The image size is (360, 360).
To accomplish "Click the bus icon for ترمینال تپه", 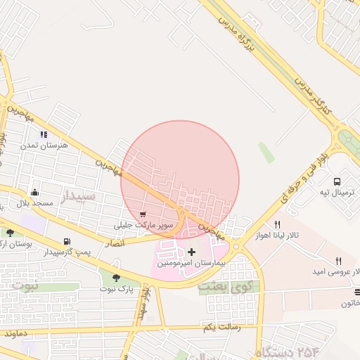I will pyautogui.click(x=338, y=181).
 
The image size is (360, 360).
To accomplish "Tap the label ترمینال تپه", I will pyautogui.click(x=335, y=192).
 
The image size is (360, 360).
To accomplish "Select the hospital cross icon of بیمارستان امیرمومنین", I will pyautogui.click(x=191, y=252).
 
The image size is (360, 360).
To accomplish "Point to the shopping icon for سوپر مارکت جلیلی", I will pyautogui.click(x=143, y=214).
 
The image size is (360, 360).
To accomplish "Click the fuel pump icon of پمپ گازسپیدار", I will pyautogui.click(x=67, y=240).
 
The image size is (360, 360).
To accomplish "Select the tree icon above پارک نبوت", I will pyautogui.click(x=115, y=277).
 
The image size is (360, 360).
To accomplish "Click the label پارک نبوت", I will pyautogui.click(x=116, y=288).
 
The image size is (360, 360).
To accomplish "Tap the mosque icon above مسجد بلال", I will pyautogui.click(x=34, y=192).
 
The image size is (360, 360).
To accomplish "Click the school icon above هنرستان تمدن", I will pyautogui.click(x=44, y=134).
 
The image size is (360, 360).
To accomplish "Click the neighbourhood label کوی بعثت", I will pyautogui.click(x=224, y=287).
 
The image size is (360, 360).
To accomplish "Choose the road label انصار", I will pyautogui.click(x=115, y=243).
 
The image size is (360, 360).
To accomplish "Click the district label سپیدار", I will pyautogui.click(x=77, y=196).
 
